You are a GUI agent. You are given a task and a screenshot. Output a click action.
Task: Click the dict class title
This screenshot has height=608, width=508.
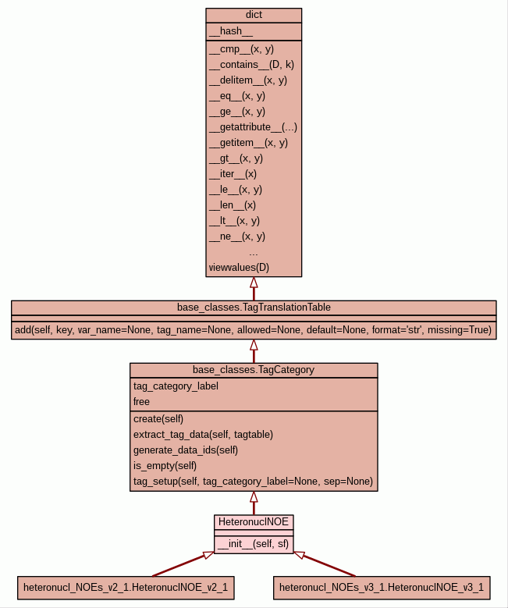254,15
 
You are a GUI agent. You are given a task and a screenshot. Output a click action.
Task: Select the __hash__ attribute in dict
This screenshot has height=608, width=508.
231,31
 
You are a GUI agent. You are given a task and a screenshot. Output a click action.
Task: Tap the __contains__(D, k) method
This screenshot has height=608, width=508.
251,64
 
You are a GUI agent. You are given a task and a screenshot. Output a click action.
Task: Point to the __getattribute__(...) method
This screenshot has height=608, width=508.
253,126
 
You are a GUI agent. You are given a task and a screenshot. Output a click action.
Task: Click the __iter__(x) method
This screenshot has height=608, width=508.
233,173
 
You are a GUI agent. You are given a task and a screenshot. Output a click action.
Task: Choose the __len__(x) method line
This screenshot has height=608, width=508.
232,204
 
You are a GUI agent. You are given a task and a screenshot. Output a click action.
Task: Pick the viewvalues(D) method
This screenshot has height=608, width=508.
239,268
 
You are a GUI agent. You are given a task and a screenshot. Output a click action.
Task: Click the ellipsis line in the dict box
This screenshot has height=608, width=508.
254,252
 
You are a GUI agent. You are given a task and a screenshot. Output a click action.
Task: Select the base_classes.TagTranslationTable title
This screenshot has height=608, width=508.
254,307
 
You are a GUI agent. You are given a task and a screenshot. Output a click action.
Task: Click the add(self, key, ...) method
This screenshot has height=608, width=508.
254,330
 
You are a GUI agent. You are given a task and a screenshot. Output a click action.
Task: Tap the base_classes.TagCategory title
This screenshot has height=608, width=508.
254,369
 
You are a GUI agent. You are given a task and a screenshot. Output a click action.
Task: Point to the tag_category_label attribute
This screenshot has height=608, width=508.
176,386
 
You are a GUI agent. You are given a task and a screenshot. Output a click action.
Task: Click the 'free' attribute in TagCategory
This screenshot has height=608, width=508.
142,401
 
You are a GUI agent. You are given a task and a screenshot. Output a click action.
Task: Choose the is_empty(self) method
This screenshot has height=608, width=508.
165,465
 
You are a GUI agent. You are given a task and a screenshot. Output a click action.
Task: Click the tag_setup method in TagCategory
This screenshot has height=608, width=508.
253,481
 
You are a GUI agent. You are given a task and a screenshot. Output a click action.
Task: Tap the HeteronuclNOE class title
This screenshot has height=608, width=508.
254,521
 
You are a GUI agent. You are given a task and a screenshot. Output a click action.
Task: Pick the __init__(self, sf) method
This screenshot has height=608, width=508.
253,544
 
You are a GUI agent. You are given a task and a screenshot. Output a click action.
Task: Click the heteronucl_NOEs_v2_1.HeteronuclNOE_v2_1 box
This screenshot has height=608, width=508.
126,587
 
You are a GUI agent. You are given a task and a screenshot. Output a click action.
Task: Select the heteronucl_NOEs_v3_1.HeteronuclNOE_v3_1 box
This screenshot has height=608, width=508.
382,587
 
